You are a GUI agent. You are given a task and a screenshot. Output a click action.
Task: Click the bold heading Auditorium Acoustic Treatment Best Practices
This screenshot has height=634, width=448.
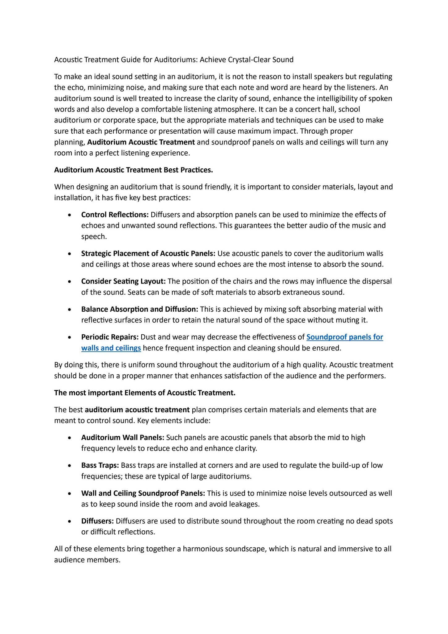(133, 170)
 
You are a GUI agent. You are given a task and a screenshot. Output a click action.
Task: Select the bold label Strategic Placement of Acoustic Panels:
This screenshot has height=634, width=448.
(148, 254)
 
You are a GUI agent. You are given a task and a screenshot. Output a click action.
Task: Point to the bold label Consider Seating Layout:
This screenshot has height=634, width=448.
(123, 281)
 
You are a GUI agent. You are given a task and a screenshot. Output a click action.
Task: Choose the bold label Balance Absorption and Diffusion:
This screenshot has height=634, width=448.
(139, 309)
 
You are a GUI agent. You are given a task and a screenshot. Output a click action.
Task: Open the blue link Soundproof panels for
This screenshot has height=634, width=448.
(344, 337)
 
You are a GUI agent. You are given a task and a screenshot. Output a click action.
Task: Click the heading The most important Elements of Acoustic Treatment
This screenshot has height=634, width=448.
(145, 393)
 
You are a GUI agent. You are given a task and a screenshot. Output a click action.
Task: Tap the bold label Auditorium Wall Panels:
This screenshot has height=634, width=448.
(123, 437)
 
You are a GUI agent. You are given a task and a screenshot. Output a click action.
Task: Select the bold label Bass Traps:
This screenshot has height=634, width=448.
(100, 465)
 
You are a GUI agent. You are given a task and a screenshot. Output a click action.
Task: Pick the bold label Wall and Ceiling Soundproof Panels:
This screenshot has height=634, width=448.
(143, 493)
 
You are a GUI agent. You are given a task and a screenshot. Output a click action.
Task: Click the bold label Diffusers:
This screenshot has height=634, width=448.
(98, 521)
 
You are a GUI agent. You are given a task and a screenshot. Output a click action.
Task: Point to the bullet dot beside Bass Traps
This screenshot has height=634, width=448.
(71, 466)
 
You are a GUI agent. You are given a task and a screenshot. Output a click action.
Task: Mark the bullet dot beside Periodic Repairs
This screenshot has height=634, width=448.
(71, 337)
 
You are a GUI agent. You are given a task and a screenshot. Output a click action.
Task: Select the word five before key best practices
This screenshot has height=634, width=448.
(123, 198)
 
